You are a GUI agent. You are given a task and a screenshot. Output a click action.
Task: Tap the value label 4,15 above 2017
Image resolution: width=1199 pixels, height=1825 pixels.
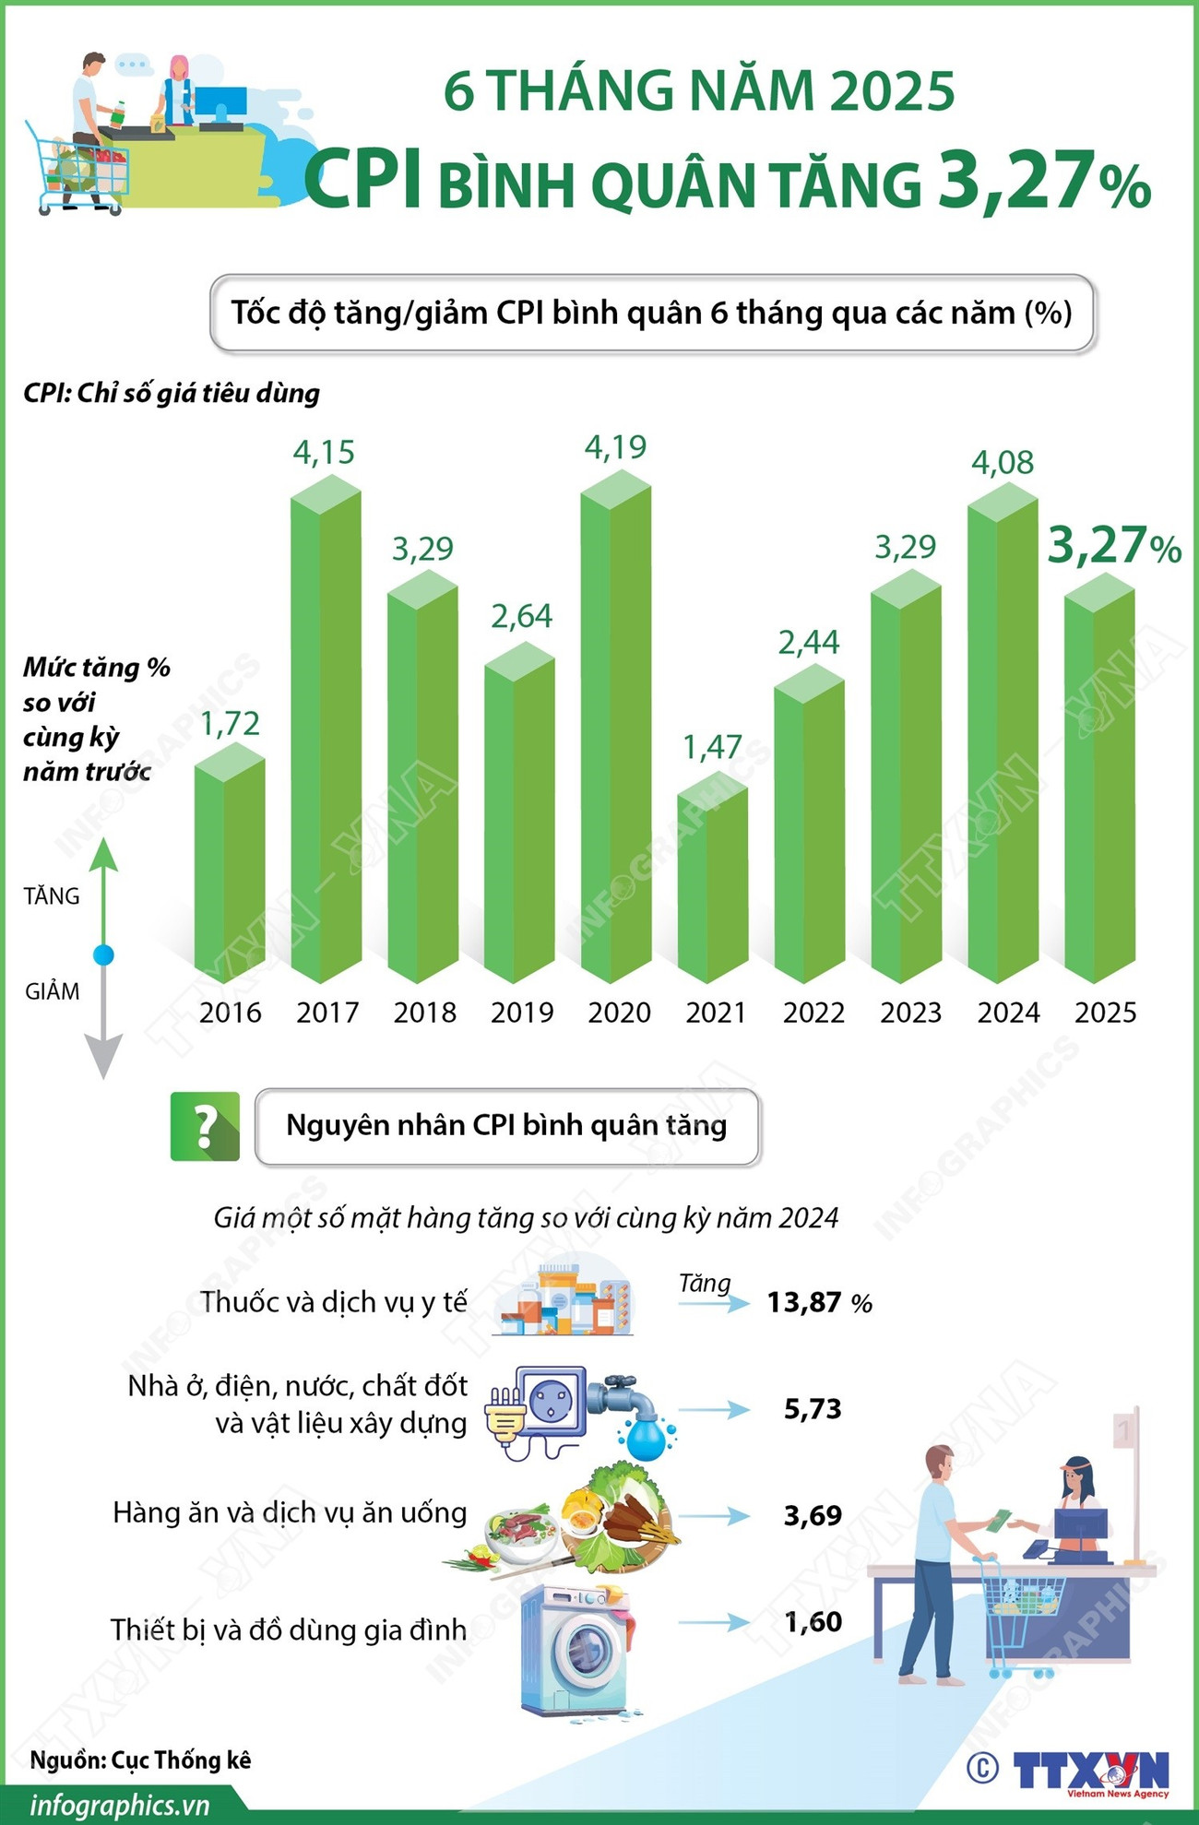click(x=324, y=453)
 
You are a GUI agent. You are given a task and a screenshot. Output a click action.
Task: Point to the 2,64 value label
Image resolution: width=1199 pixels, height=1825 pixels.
click(x=521, y=616)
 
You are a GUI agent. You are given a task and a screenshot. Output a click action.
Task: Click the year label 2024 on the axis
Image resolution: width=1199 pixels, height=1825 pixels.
click(x=1008, y=1013)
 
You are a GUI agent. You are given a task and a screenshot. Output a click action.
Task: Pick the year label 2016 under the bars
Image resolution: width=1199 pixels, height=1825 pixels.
click(x=231, y=1013)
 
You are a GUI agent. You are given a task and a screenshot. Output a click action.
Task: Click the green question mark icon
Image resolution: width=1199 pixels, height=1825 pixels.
click(x=205, y=1126)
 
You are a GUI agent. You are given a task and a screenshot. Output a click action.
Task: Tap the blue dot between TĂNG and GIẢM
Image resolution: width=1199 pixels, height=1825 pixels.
click(x=104, y=955)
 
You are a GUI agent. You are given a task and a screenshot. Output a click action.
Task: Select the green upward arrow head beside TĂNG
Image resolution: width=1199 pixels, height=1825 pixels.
click(x=104, y=854)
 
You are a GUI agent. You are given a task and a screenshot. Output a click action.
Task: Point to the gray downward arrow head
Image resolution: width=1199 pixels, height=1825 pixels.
click(x=104, y=1056)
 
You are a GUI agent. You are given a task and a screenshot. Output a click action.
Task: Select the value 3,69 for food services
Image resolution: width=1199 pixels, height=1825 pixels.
click(x=813, y=1515)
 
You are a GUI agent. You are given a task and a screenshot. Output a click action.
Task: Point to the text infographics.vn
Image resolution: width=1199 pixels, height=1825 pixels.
click(x=120, y=1805)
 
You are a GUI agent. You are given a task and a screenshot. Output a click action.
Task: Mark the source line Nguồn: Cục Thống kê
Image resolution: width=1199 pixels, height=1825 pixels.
click(x=140, y=1760)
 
